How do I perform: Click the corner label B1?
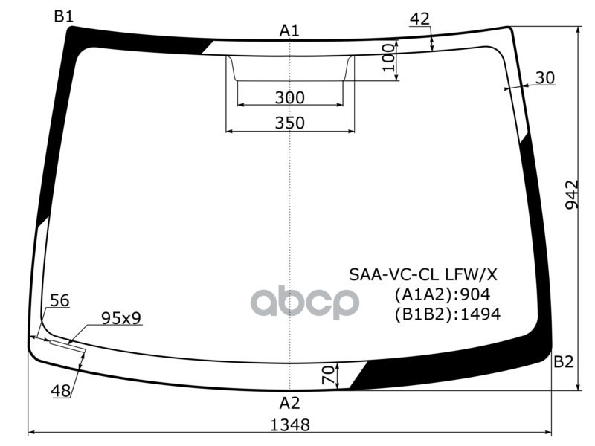pyautogui.click(x=63, y=16)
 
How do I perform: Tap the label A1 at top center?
pyautogui.click(x=289, y=30)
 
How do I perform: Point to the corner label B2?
pyautogui.click(x=563, y=362)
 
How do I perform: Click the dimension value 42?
pyautogui.click(x=420, y=19)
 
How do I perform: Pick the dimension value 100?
pyautogui.click(x=387, y=57)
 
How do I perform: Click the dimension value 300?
pyautogui.click(x=289, y=97)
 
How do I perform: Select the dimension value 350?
pyautogui.click(x=289, y=123)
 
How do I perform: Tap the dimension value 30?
pyautogui.click(x=545, y=77)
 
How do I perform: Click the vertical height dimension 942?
pyautogui.click(x=571, y=195)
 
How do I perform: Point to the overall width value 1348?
pyautogui.click(x=289, y=425)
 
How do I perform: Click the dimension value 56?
pyautogui.click(x=59, y=300)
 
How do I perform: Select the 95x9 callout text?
pyautogui.click(x=121, y=318)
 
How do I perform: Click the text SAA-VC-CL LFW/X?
pyautogui.click(x=424, y=276)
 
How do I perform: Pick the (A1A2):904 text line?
pyautogui.click(x=443, y=294)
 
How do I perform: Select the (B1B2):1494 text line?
pyautogui.click(x=447, y=314)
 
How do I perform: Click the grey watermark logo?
pyautogui.click(x=304, y=301)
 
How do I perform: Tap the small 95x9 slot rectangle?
pyautogui.click(x=68, y=346)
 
